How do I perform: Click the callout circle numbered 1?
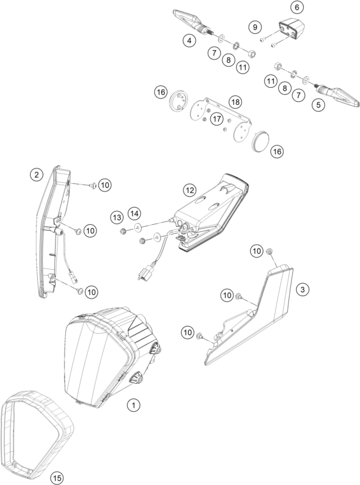(x=134, y=405)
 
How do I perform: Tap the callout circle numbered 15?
(x=56, y=479)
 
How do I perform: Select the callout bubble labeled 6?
(x=297, y=7)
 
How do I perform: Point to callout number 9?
(x=255, y=27)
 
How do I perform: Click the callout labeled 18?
(x=235, y=102)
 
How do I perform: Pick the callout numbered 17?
(x=217, y=119)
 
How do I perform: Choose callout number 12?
(x=189, y=190)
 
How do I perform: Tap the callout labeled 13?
(x=117, y=217)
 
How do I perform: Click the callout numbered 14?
(x=134, y=213)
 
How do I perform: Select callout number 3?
(x=302, y=290)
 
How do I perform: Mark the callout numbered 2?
(x=36, y=175)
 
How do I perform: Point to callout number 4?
(x=189, y=40)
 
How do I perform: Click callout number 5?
(x=318, y=105)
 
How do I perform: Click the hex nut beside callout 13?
(x=123, y=231)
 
